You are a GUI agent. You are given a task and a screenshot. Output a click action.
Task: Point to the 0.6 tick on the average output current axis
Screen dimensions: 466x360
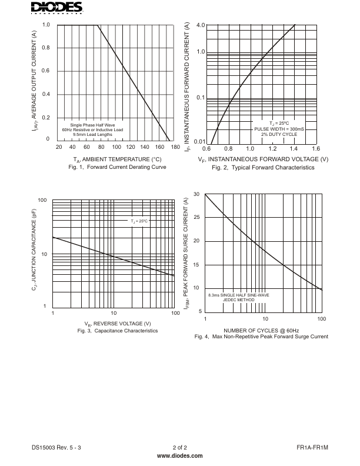point(46,71)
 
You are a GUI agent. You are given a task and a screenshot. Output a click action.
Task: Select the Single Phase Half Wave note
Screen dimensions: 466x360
point(92,125)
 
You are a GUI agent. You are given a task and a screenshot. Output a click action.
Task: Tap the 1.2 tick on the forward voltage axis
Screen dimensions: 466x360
point(271,148)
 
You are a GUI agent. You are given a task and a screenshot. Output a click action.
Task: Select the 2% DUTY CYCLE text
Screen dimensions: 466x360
point(279,135)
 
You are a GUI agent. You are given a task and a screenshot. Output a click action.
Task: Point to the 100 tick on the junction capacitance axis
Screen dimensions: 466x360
point(42,201)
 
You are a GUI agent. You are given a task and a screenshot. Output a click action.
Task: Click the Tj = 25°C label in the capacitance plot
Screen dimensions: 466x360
point(139,221)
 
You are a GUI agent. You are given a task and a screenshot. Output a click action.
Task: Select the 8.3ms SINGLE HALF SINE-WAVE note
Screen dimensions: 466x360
point(239,294)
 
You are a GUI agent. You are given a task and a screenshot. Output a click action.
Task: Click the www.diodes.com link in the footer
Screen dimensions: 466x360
point(180,456)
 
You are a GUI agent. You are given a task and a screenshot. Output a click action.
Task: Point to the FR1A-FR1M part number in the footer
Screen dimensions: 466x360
point(312,448)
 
